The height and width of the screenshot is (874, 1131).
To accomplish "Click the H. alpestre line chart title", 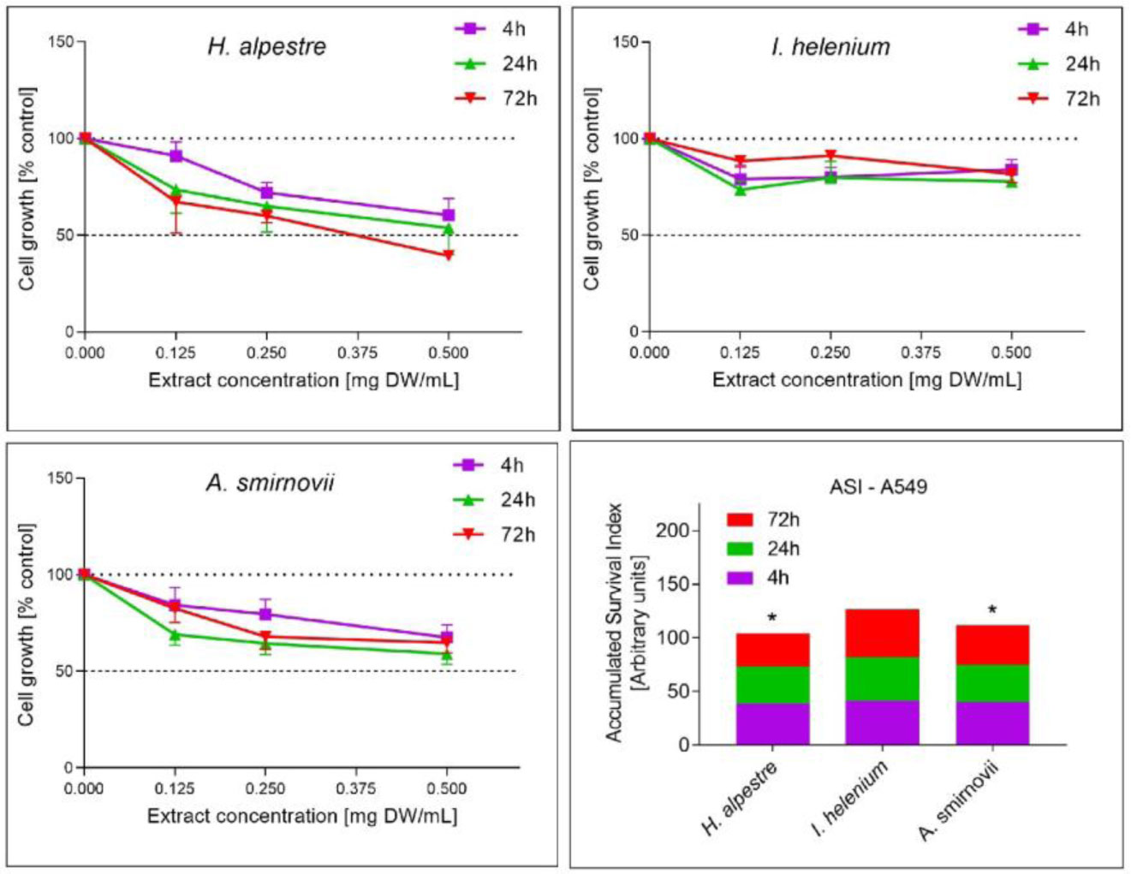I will (x=266, y=45).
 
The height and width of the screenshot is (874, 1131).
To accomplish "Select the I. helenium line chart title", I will (x=830, y=46).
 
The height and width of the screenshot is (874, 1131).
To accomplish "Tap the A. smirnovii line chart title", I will (x=270, y=483).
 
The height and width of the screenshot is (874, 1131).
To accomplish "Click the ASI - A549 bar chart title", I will (x=878, y=487).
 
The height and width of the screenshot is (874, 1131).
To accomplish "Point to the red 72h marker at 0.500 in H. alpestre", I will (x=449, y=255).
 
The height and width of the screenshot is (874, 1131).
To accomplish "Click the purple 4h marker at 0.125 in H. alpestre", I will (x=176, y=156).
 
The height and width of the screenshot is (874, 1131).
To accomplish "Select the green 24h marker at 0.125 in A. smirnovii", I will (x=175, y=635).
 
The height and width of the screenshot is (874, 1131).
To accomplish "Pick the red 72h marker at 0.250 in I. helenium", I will (x=830, y=156).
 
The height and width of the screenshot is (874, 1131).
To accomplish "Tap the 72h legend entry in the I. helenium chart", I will (x=1058, y=99).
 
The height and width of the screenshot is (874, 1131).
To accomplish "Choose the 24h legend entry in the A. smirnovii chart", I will (x=494, y=500).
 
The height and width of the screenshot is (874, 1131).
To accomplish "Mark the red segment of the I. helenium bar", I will (x=882, y=633).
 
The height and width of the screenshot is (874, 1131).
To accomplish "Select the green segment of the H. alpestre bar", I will (x=772, y=685).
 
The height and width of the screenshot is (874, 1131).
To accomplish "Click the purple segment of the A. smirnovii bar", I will (x=992, y=723).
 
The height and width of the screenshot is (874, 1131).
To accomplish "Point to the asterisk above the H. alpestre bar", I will (x=772, y=618).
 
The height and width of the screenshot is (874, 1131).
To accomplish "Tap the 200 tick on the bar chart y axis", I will (x=672, y=531).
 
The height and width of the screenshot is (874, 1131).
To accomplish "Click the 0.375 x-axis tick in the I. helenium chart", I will (x=920, y=353).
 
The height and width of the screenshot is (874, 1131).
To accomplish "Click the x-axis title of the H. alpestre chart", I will (x=303, y=380).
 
